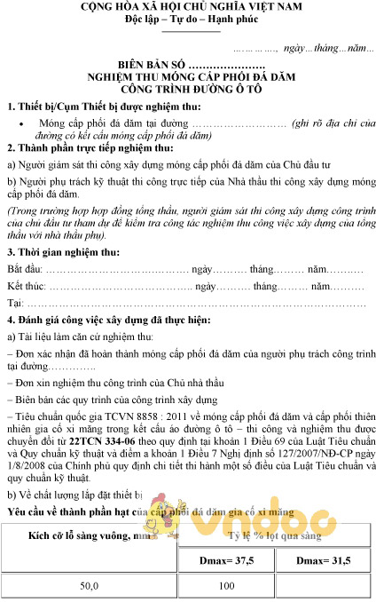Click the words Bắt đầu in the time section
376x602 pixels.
[24, 267]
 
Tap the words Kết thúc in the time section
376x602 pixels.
[27, 286]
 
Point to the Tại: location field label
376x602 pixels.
[14, 305]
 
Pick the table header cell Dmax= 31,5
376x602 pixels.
[322, 561]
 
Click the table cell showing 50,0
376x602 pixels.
[90, 586]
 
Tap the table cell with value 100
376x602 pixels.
[225, 586]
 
